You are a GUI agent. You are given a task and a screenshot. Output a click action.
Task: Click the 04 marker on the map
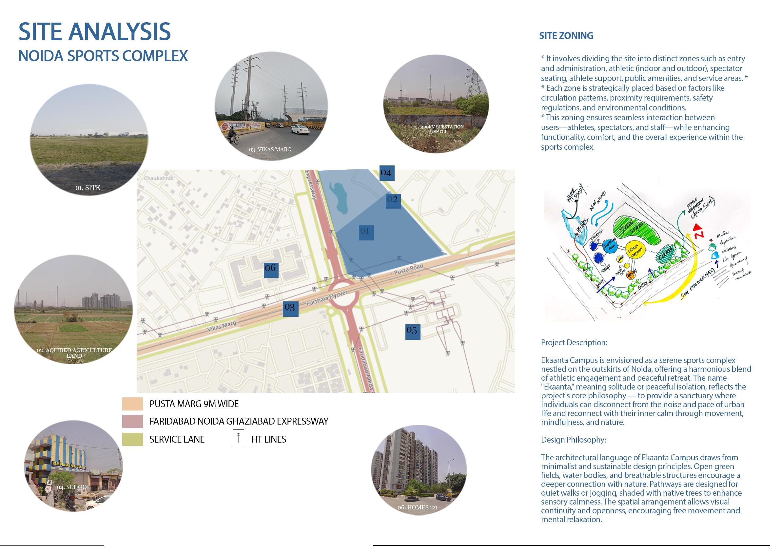(386, 173)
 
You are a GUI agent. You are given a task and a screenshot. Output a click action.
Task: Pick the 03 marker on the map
(290, 308)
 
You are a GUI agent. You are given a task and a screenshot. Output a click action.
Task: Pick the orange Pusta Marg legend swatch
(132, 404)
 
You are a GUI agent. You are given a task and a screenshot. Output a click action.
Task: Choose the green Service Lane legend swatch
(132, 439)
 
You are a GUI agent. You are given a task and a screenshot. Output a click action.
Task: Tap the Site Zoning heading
(566, 36)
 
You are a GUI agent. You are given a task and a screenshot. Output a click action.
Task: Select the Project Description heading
(574, 342)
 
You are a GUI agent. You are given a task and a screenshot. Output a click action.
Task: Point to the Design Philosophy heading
(574, 440)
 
